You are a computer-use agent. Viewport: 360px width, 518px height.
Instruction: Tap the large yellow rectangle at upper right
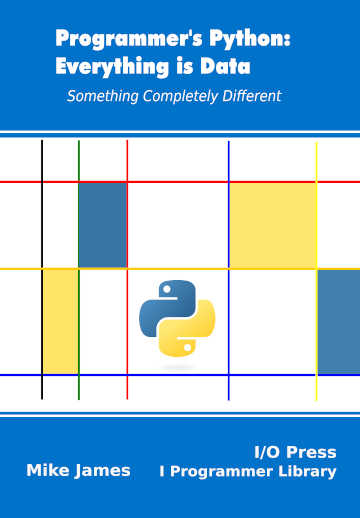tap(272, 225)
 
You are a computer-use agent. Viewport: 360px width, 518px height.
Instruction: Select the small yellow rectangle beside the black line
tap(60, 321)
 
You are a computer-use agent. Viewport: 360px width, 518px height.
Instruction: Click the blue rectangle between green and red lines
tap(103, 225)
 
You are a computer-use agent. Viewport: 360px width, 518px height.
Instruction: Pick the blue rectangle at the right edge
tap(338, 321)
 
